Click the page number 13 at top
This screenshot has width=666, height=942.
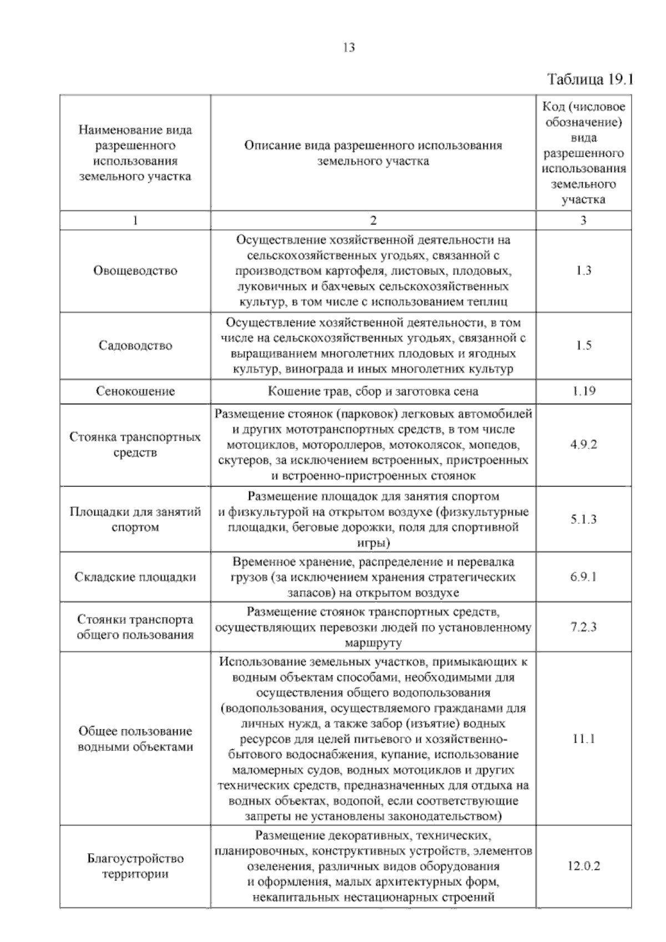[x=349, y=48]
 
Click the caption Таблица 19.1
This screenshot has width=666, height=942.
[x=590, y=79]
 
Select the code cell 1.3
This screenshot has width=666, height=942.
[x=583, y=271]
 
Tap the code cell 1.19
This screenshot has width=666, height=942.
[x=583, y=391]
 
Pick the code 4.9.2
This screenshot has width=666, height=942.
[x=583, y=445]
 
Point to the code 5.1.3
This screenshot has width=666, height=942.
[x=583, y=519]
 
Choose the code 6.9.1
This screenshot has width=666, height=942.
[x=583, y=577]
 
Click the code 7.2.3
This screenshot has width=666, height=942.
[x=583, y=627]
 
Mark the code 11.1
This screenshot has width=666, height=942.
[x=583, y=739]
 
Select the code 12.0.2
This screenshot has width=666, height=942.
[x=583, y=866]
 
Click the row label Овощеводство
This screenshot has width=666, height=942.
[x=135, y=271]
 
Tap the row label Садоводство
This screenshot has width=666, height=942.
[x=135, y=345]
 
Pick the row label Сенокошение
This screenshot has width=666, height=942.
[x=135, y=391]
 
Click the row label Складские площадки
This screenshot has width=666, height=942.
[x=135, y=577]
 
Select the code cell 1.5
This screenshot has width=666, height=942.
[x=583, y=345]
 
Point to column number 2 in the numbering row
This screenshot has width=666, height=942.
[x=373, y=221]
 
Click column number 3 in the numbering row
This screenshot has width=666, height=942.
[x=583, y=221]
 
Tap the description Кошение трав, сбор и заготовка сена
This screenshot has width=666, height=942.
[x=373, y=391]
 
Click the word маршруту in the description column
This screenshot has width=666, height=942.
[x=373, y=643]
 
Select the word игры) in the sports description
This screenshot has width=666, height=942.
[x=373, y=543]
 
